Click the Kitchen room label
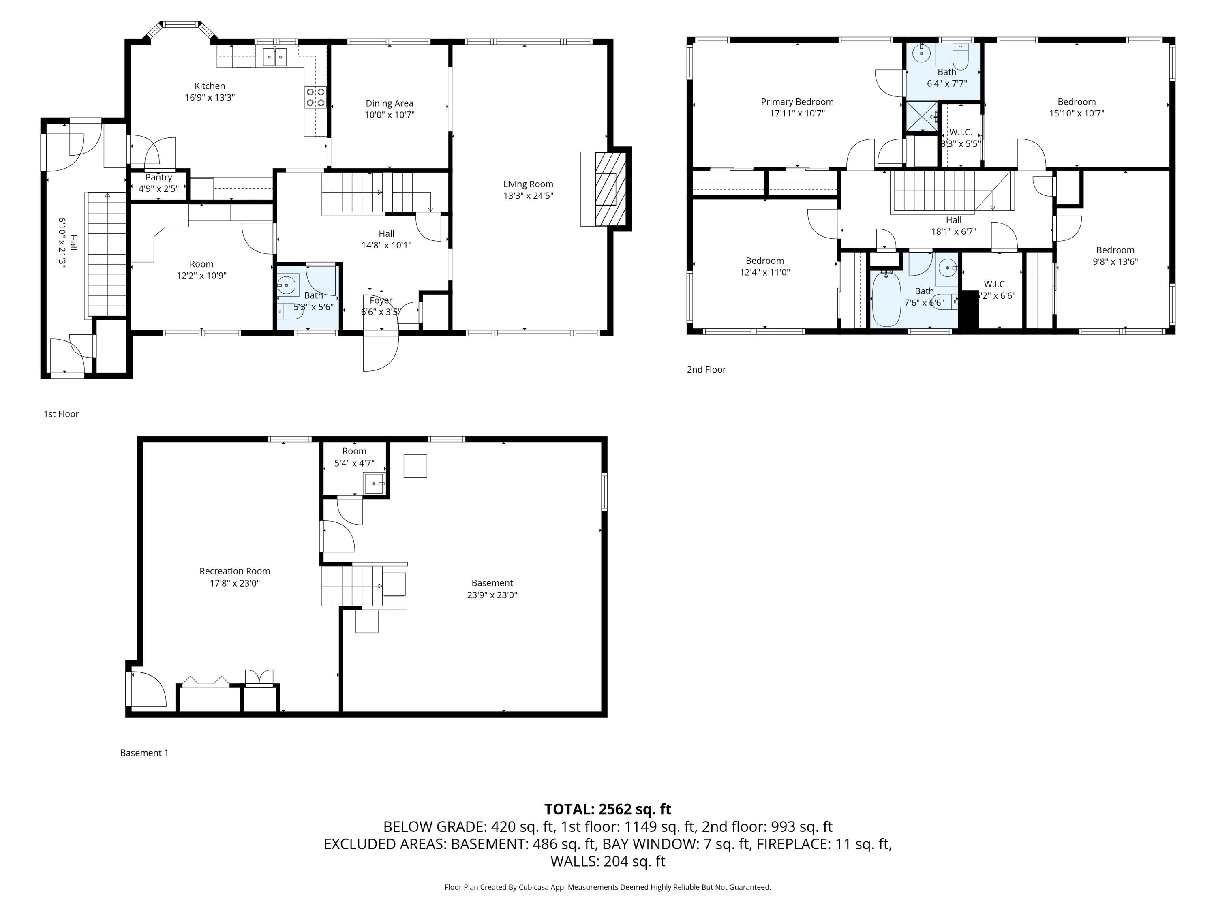210,86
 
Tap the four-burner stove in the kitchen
315,97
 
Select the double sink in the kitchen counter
274,57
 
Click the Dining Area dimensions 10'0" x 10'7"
389,115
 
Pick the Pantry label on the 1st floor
158,177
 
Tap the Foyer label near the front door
381,300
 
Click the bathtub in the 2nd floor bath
886,300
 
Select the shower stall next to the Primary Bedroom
921,117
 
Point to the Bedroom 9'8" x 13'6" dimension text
1115,262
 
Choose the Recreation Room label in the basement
234,571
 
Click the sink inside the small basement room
374,484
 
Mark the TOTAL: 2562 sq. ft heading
608,809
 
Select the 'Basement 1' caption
144,753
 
